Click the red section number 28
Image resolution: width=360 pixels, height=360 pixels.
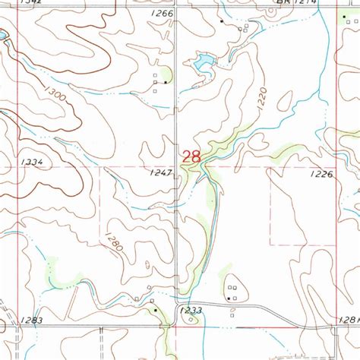pyautogui.click(x=191, y=156)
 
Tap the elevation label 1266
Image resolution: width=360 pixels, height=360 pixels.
pyautogui.click(x=162, y=14)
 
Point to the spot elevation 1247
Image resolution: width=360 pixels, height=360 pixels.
pyautogui.click(x=161, y=173)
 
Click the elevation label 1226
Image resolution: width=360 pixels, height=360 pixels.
pyautogui.click(x=321, y=174)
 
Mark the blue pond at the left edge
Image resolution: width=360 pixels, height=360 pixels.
pyautogui.click(x=3, y=36)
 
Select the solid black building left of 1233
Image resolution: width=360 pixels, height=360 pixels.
pyautogui.click(x=156, y=310)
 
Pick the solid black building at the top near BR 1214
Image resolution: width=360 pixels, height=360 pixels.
pyautogui.click(x=222, y=21)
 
